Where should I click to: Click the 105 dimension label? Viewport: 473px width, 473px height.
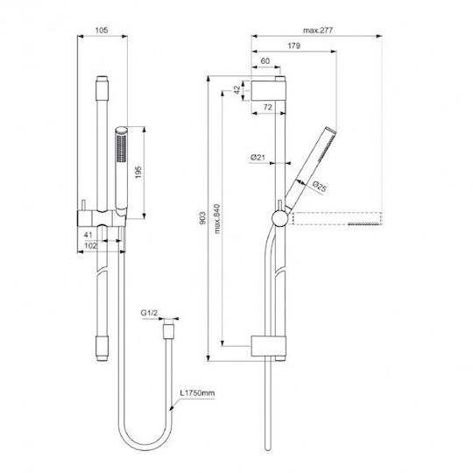[x=102, y=31]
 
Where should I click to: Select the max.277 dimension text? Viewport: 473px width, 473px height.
[x=318, y=31]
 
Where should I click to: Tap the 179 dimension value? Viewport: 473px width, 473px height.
[x=293, y=46]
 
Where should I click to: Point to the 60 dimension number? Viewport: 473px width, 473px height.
[x=265, y=61]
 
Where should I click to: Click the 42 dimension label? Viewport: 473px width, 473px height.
[x=237, y=89]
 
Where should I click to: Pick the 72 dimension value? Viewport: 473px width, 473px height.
[x=267, y=107]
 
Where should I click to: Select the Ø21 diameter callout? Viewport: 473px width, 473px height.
[x=258, y=157]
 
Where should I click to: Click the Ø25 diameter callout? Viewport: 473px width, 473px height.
[x=319, y=187]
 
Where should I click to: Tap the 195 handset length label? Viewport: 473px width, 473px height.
[x=138, y=173]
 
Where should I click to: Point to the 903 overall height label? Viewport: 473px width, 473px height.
[x=202, y=218]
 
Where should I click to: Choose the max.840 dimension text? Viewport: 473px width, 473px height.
[x=217, y=219]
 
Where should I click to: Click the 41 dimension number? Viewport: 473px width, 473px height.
[x=88, y=235]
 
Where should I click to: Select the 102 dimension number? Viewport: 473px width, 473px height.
[x=91, y=246]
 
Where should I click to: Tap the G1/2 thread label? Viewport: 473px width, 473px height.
[x=149, y=313]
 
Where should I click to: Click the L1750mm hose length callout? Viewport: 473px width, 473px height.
[x=197, y=393]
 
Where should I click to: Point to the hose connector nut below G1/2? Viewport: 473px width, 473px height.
[x=168, y=332]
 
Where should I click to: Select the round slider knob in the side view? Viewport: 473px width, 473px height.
[x=280, y=218]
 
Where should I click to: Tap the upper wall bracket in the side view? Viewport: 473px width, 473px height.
[x=269, y=90]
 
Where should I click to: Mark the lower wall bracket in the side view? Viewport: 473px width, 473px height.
[x=269, y=346]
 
